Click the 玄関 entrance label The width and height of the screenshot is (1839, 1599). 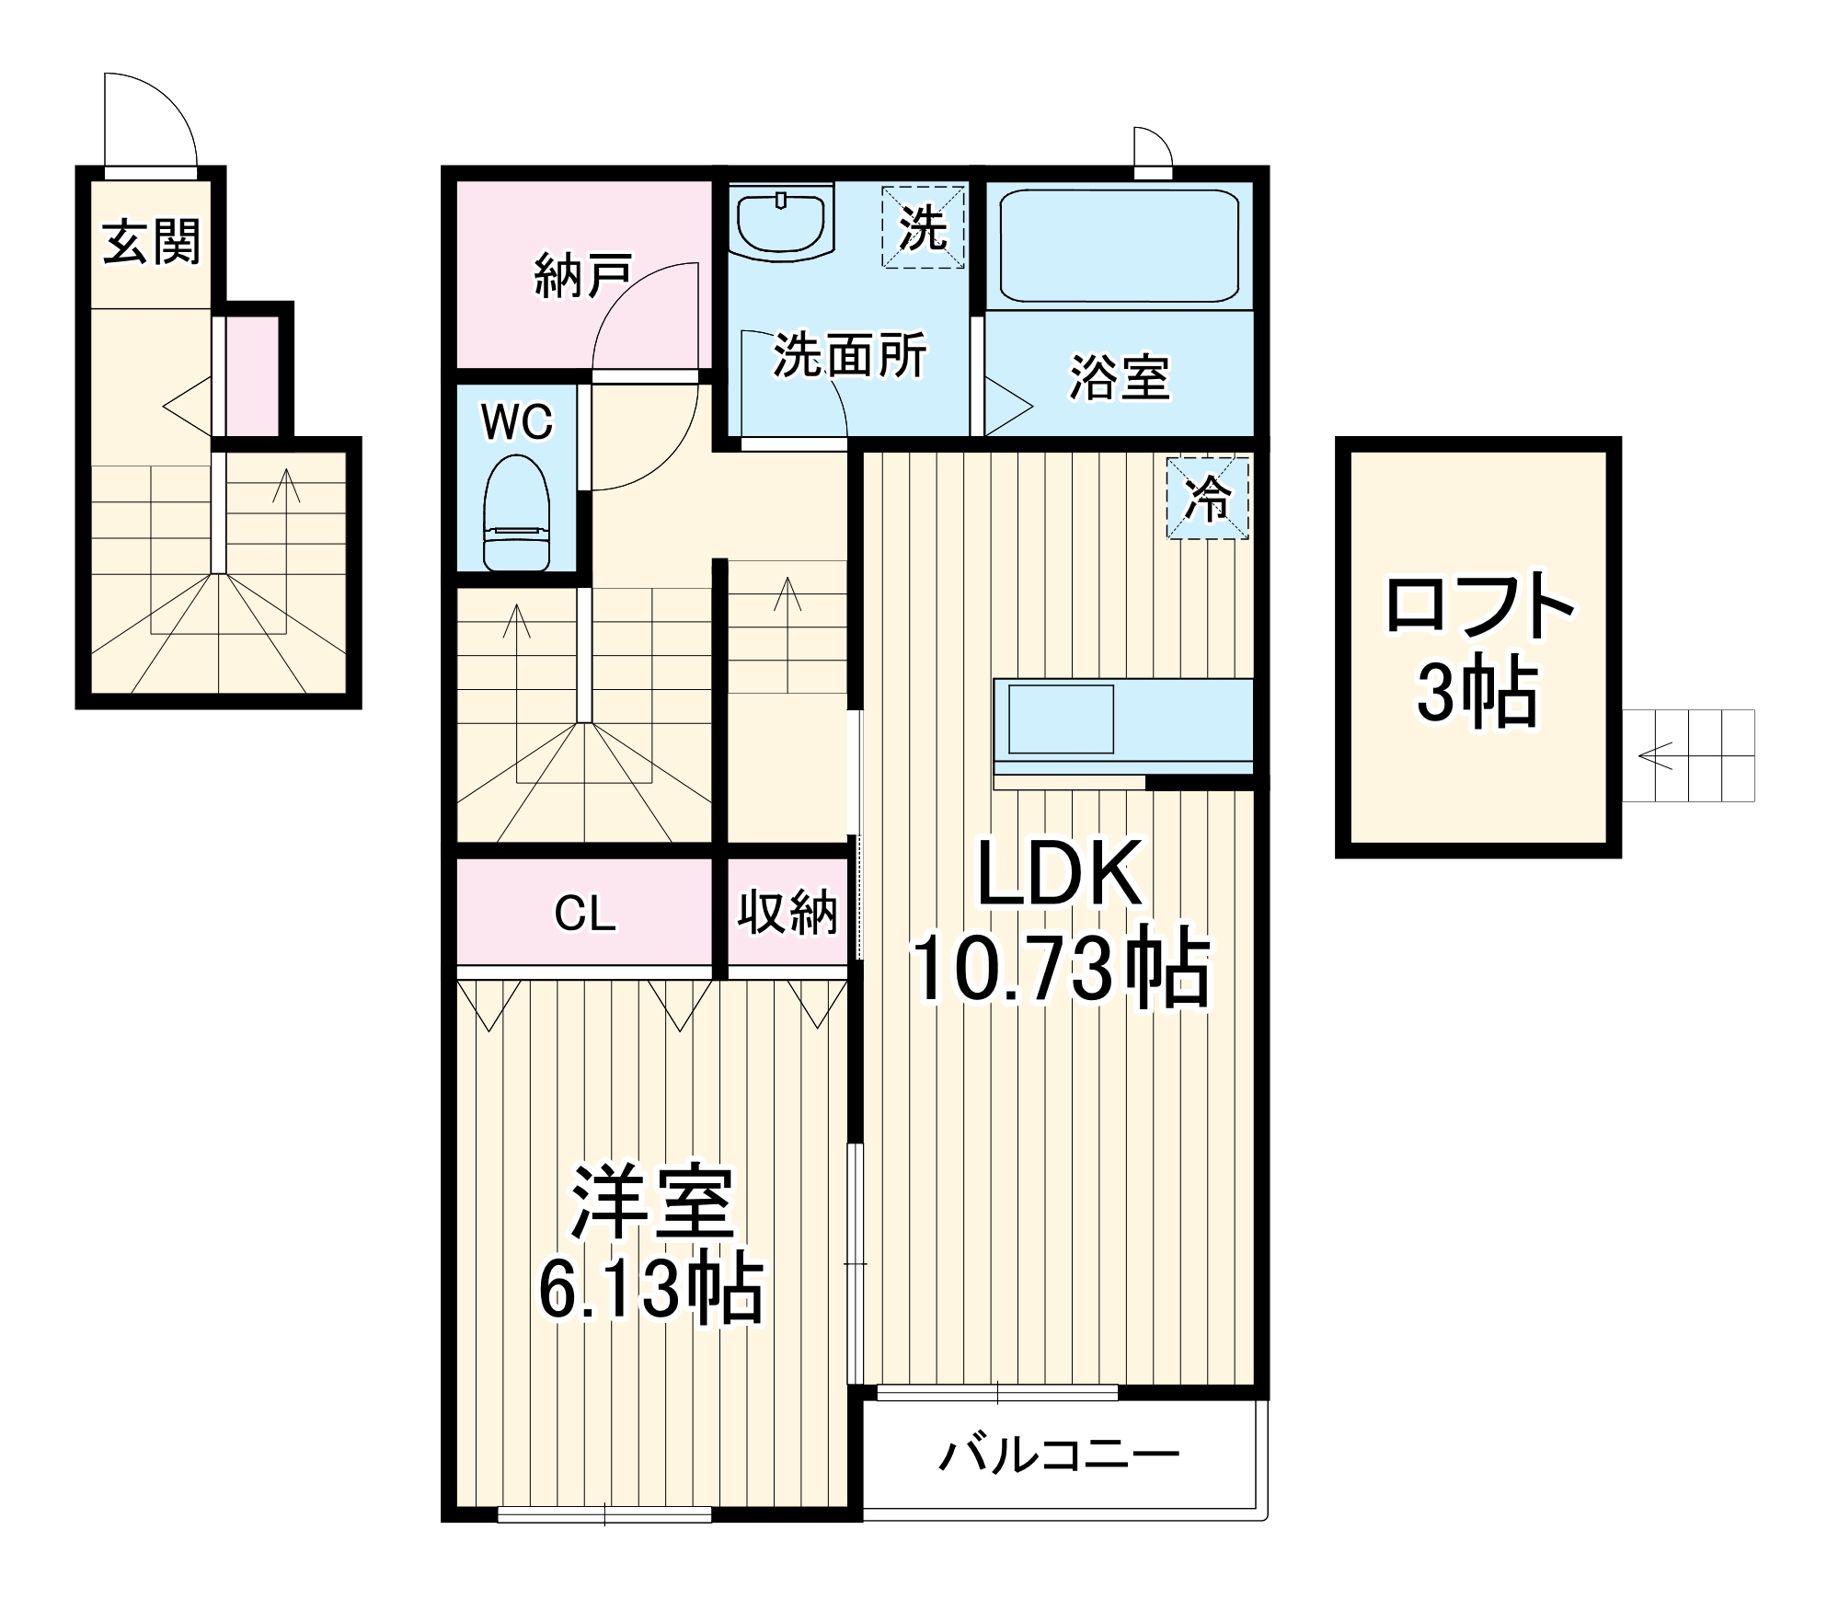[151, 242]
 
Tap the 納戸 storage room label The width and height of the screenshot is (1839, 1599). [582, 276]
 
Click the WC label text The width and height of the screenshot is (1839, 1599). [518, 422]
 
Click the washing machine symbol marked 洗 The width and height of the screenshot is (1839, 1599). [923, 227]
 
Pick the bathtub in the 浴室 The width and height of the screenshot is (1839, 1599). [1118, 246]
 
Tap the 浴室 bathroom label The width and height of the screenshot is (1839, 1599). [1119, 377]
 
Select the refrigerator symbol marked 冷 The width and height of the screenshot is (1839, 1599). [1207, 498]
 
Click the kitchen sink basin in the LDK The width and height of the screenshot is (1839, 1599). [1061, 719]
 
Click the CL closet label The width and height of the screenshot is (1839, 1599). [584, 914]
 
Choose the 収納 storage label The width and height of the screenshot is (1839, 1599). [787, 914]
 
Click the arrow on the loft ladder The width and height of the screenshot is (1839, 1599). [1656, 757]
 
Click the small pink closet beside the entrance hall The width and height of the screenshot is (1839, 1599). [252, 376]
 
